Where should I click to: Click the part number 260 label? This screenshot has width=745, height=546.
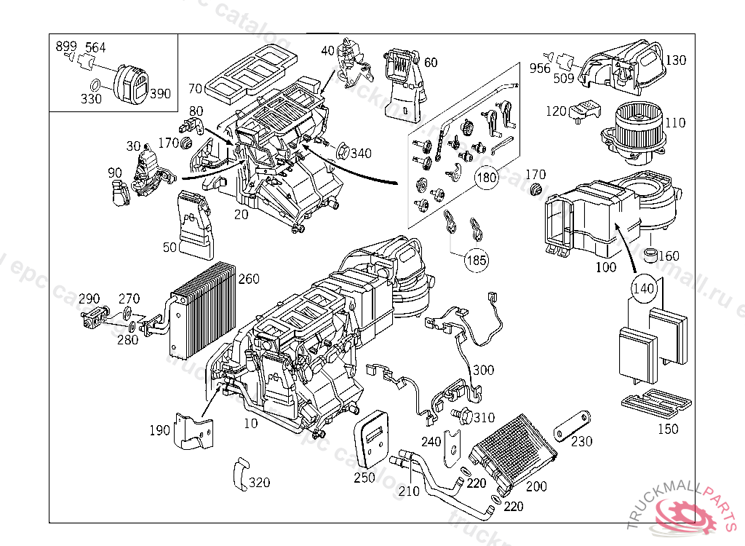tap(249, 280)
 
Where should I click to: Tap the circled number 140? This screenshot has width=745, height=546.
tap(644, 287)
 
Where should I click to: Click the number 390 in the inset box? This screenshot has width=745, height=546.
tap(161, 94)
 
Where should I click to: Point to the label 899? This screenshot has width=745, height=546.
tap(66, 47)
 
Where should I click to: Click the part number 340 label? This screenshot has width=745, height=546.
tap(360, 154)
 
